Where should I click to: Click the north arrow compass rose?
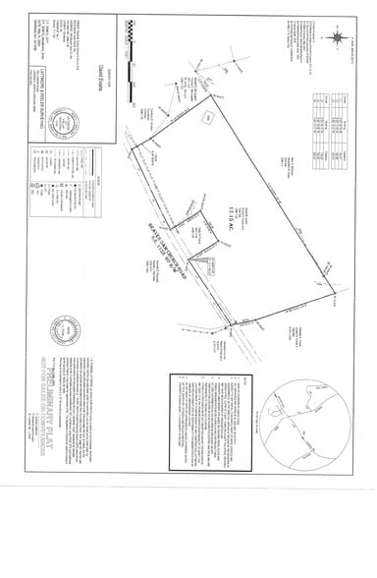(338, 39)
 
